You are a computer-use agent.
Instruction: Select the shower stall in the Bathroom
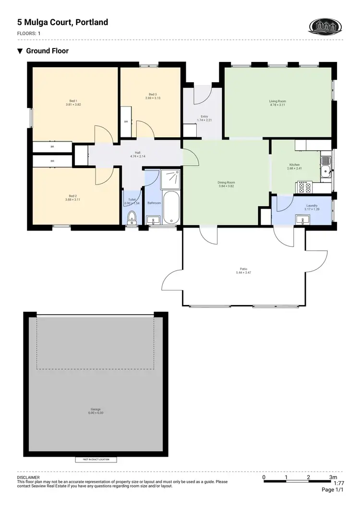point(171,179)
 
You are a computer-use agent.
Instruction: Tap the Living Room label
point(277,103)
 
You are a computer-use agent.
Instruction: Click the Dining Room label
point(227,184)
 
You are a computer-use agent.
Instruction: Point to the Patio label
point(243,270)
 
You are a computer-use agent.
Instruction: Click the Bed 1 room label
point(73,102)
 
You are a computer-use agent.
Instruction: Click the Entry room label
point(204,118)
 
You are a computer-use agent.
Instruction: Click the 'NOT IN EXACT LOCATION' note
point(96,460)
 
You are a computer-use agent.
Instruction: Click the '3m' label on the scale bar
point(333,477)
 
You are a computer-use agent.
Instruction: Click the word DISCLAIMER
point(28,478)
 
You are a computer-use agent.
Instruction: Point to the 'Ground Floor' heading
point(47,51)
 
